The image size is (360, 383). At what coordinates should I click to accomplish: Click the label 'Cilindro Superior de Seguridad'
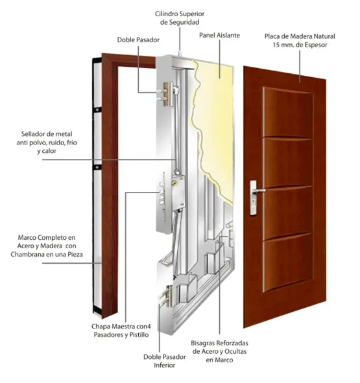pyautogui.click(x=180, y=18)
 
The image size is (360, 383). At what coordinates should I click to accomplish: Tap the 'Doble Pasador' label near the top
pyautogui.click(x=138, y=40)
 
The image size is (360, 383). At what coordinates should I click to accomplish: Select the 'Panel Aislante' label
pyautogui.click(x=219, y=35)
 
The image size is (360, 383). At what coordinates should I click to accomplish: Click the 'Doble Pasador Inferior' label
pyautogui.click(x=164, y=361)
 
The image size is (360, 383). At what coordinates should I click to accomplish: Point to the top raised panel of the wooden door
pyautogui.click(x=288, y=112)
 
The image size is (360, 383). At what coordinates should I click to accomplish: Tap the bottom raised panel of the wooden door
pyautogui.click(x=287, y=262)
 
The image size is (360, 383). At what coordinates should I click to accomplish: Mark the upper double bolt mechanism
pyautogui.click(x=168, y=94)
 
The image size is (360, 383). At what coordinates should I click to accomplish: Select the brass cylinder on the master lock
pyautogui.click(x=174, y=183)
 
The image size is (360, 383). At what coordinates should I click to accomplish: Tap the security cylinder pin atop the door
pyautogui.click(x=180, y=53)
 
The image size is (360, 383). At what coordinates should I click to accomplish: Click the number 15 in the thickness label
pyautogui.click(x=276, y=45)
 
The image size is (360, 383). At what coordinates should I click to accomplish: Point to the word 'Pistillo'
pyautogui.click(x=139, y=334)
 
